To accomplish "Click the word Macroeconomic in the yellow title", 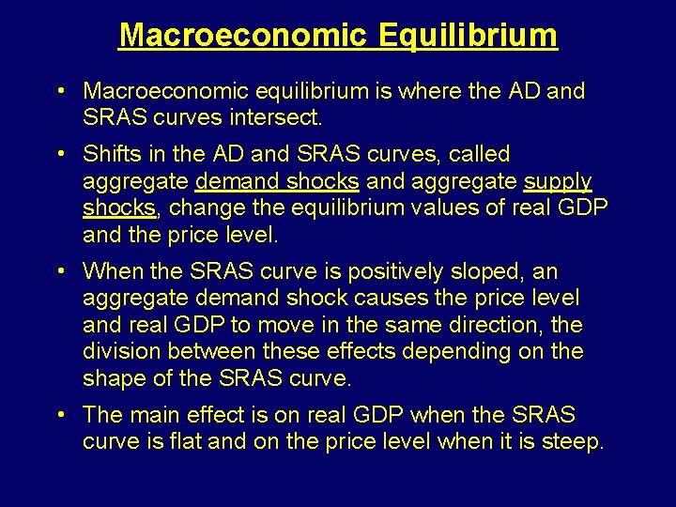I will [242, 36].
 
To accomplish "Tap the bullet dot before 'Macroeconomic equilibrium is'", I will [59, 92].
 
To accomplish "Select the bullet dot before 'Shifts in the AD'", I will [59, 154].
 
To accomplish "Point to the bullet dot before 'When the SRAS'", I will [59, 272].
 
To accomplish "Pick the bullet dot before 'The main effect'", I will [59, 415].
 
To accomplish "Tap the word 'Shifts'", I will [110, 154].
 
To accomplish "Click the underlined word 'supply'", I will [558, 181].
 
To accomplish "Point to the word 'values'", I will [435, 207].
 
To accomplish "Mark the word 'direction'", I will [520, 325].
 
